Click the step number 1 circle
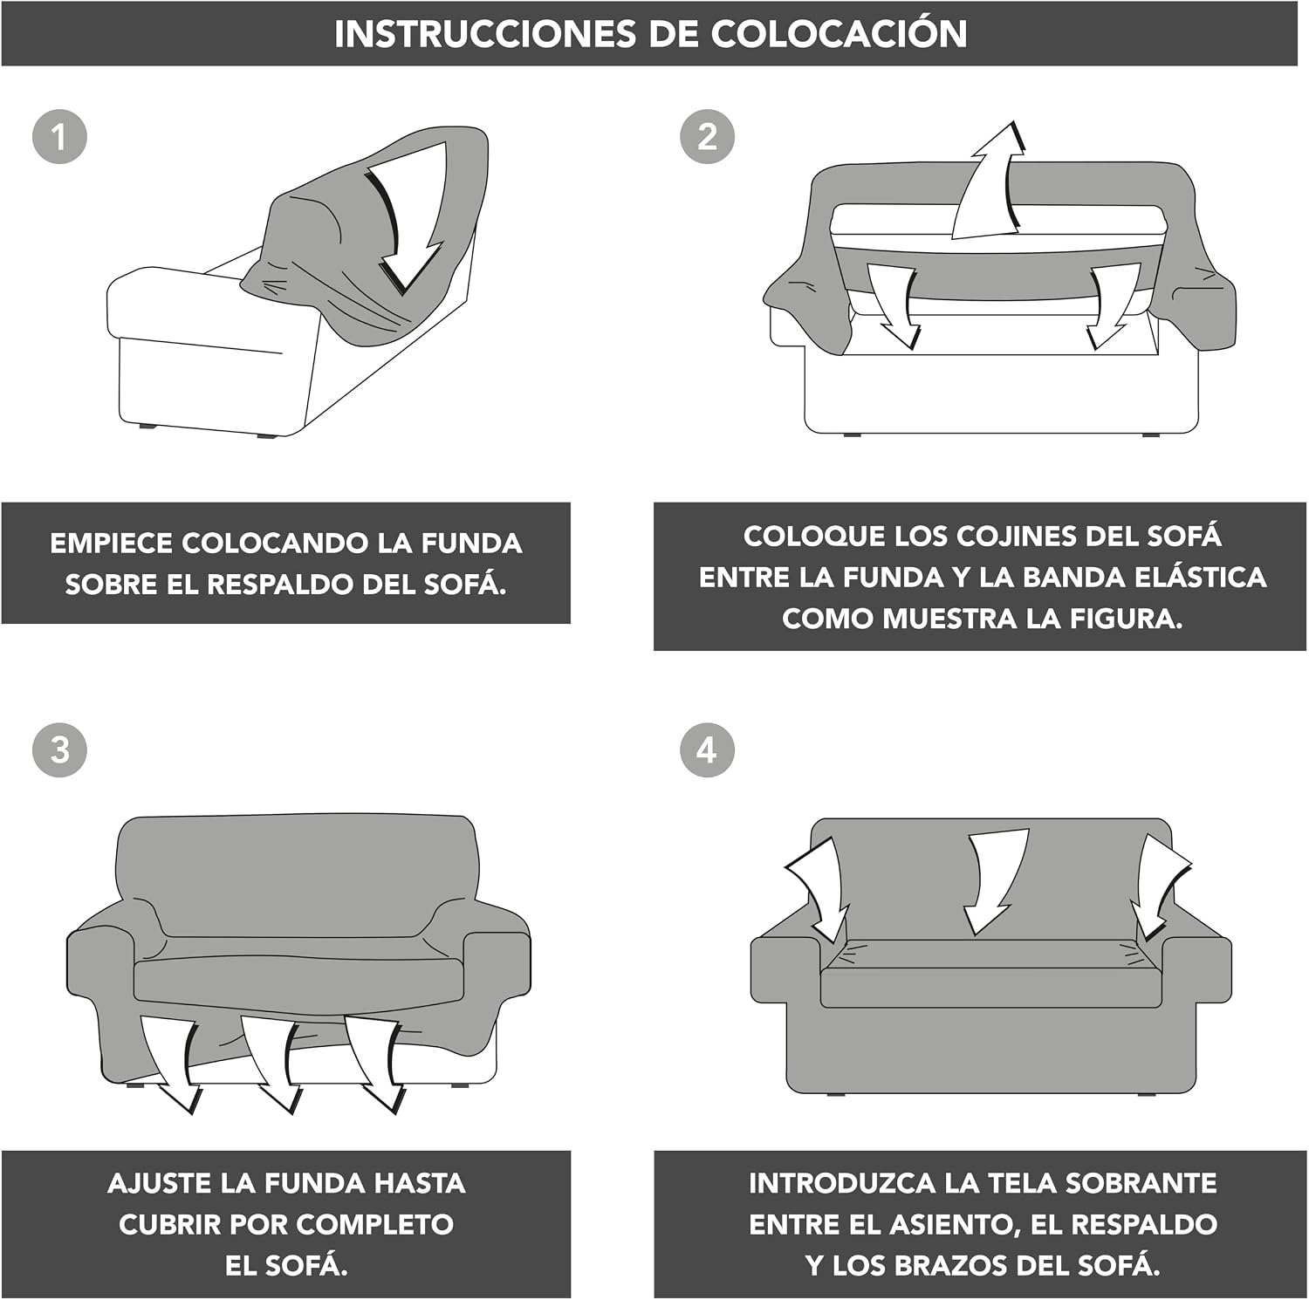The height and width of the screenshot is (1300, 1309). (x=59, y=136)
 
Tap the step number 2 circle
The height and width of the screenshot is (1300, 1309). (x=707, y=136)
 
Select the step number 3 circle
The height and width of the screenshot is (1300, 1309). (x=59, y=749)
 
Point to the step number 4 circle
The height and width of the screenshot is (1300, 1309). (x=707, y=749)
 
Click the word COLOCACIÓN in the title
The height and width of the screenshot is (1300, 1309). (x=839, y=33)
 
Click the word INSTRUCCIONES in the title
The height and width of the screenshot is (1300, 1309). (x=484, y=34)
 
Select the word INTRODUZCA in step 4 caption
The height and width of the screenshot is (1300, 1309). (x=842, y=1183)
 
